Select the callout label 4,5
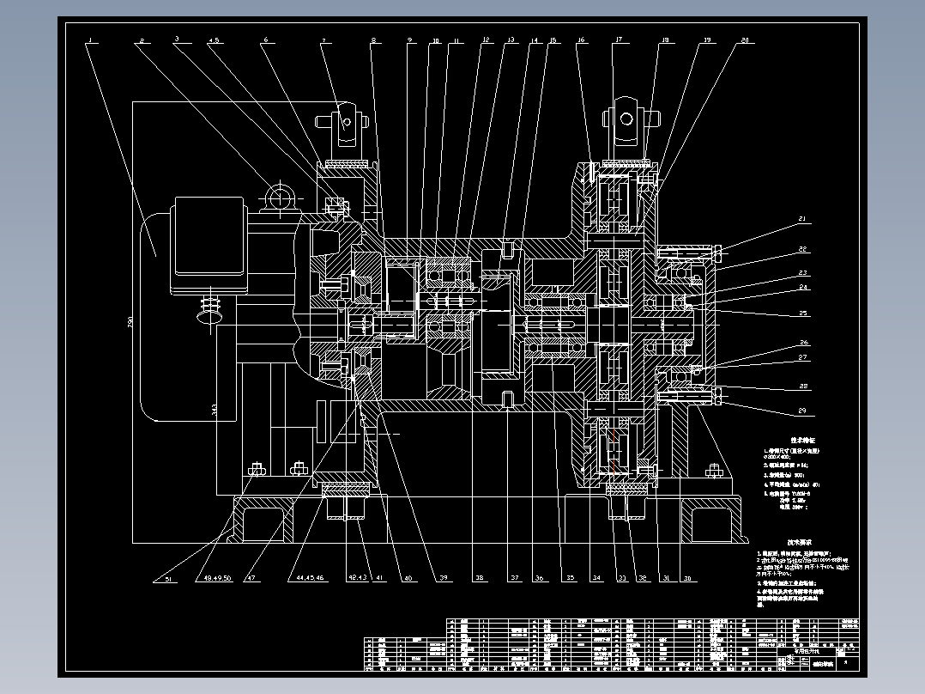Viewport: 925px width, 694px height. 214,40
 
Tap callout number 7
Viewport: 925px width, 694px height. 323,40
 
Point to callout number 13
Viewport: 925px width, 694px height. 511,40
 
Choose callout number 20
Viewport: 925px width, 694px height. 744,40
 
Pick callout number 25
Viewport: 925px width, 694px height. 803,313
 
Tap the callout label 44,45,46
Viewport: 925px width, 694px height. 310,580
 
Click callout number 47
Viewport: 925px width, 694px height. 251,580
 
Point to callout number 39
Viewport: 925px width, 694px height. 444,579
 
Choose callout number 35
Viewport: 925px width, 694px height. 568,579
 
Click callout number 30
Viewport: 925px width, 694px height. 687,579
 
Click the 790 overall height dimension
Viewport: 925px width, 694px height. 130,323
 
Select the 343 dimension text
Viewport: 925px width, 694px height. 214,411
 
